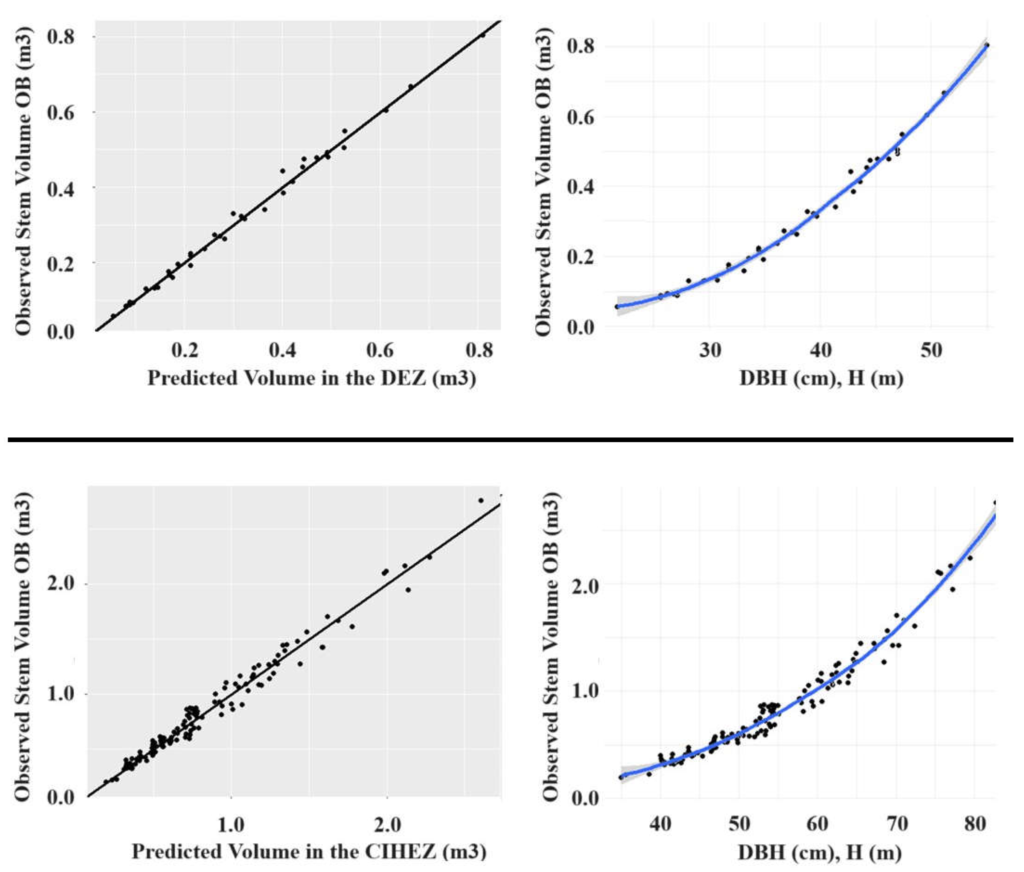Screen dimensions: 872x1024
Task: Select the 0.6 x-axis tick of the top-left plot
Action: pyautogui.click(x=380, y=350)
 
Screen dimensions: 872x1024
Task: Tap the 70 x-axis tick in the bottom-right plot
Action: pyautogui.click(x=896, y=824)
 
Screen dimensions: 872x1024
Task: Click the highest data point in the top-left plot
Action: pyautogui.click(x=483, y=35)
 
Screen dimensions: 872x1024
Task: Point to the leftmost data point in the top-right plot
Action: pyautogui.click(x=617, y=307)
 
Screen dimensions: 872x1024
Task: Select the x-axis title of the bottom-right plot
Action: pyautogui.click(x=820, y=852)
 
